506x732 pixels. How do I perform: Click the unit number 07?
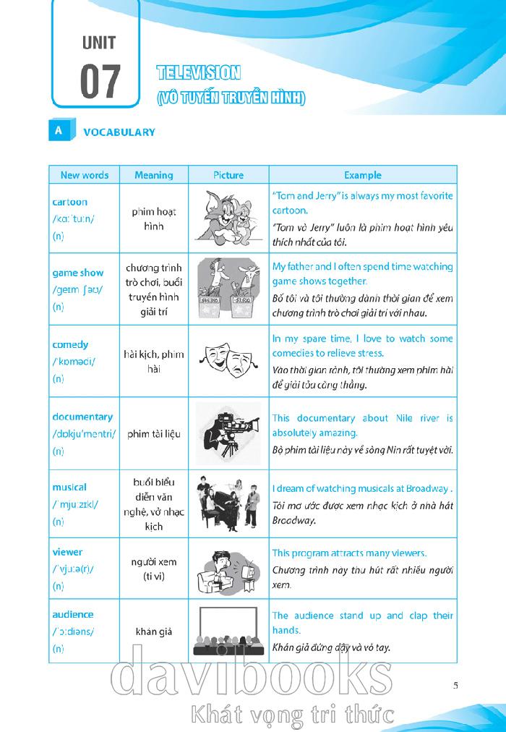100,81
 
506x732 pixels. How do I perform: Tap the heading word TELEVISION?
198,72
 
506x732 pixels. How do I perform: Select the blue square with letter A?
58,131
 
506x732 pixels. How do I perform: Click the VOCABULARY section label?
119,132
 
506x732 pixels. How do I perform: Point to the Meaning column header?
153,175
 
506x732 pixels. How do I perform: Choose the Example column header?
362,175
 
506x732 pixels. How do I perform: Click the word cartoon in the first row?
69,203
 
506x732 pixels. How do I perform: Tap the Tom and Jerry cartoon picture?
228,217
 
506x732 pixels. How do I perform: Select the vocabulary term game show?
77,273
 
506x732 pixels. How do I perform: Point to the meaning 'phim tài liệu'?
153,434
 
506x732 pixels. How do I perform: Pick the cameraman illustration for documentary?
228,433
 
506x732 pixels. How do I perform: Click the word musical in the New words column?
69,488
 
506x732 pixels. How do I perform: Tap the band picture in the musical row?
228,503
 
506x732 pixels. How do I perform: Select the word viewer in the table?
67,552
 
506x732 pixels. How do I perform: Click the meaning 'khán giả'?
153,631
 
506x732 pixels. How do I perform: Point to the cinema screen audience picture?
228,631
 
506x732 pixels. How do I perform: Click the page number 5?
455,686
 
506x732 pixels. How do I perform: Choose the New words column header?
84,175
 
